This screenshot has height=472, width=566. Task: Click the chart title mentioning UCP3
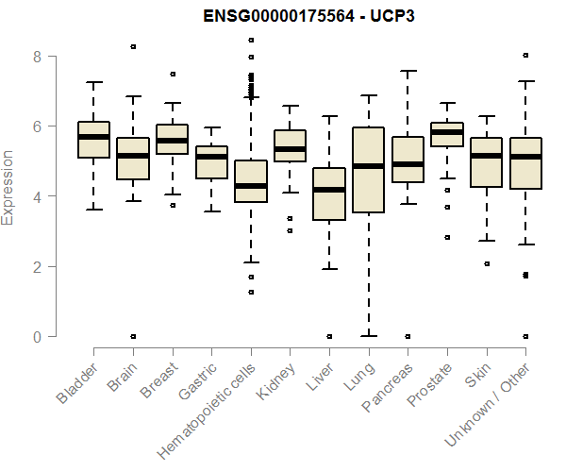(309, 16)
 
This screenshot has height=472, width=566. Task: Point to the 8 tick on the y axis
(39, 57)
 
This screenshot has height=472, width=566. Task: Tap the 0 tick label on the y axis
(39, 336)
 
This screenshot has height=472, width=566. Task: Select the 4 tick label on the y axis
(39, 196)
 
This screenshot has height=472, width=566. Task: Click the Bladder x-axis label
(76, 381)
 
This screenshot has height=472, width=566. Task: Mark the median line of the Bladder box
(93, 137)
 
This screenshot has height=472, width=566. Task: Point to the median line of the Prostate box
(446, 132)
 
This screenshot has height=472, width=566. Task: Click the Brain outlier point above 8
(133, 46)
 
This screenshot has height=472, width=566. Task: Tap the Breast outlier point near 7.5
(173, 74)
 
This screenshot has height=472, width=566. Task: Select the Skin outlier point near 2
(486, 264)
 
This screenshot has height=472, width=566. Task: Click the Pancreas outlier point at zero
(408, 336)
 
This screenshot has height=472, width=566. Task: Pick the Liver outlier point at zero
(329, 336)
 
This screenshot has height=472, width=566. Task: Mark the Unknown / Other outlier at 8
(525, 56)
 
